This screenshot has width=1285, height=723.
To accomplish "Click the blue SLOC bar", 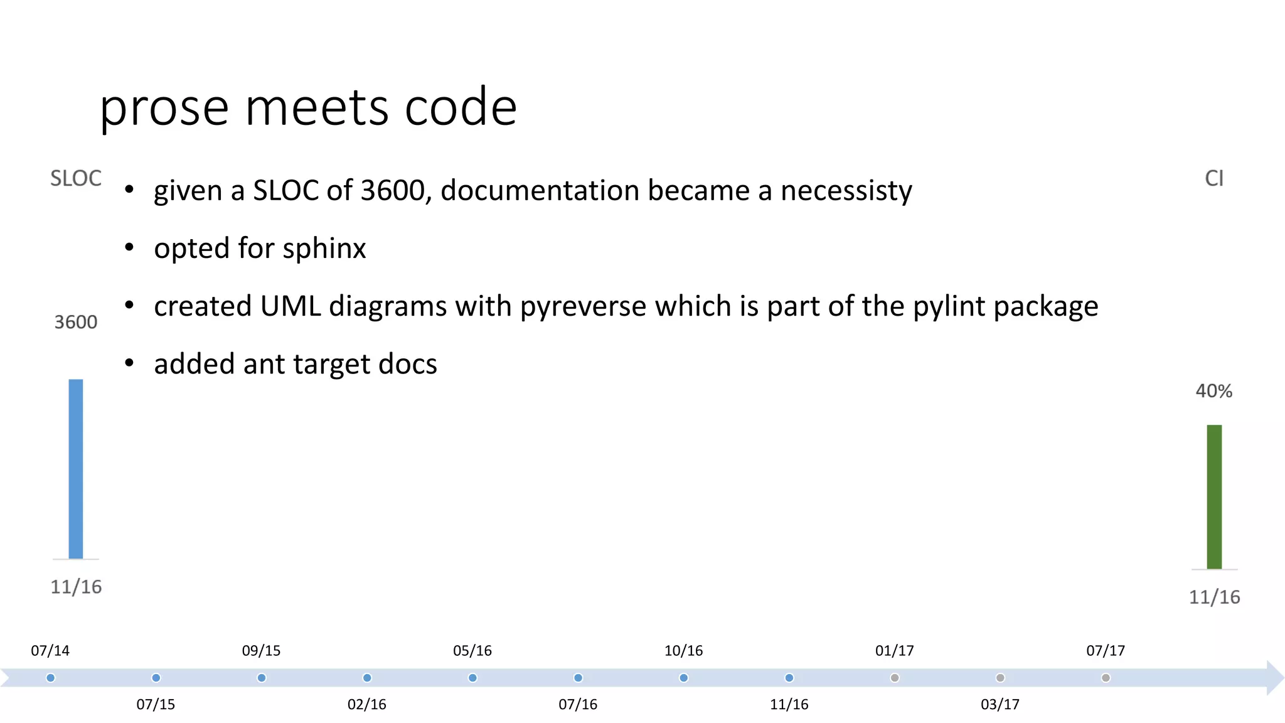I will [x=76, y=469].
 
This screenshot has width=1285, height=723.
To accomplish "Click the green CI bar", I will [x=1214, y=496].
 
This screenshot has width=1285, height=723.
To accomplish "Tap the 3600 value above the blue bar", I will [x=76, y=322].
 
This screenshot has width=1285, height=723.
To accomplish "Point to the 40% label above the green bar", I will [x=1213, y=391].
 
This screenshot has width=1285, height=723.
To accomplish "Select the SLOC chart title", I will [x=76, y=178].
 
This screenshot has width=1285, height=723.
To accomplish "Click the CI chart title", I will [x=1214, y=178].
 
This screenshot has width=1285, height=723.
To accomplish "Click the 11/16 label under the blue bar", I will [x=76, y=587].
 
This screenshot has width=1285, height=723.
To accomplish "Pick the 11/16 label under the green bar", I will [x=1214, y=597].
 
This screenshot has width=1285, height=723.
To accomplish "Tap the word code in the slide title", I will [x=461, y=107].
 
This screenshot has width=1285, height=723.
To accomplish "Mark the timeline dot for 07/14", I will [x=51, y=678].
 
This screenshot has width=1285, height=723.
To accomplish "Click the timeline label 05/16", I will [x=472, y=651].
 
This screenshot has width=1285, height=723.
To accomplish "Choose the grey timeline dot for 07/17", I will [x=1106, y=678].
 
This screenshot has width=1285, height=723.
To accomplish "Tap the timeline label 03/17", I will [x=1000, y=704].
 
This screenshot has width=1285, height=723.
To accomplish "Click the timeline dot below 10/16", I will [x=684, y=678].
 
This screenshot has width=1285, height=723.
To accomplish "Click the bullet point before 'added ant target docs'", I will [x=129, y=363].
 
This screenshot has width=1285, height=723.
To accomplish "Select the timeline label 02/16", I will [x=367, y=704].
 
